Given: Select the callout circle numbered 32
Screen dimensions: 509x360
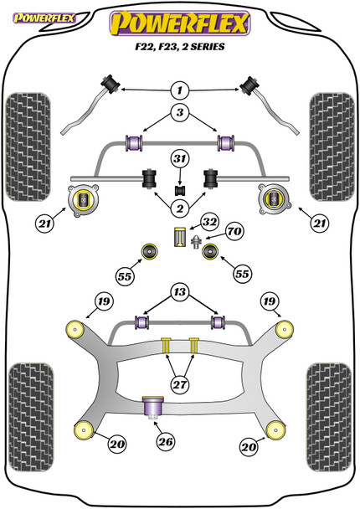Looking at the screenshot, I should click(x=209, y=223).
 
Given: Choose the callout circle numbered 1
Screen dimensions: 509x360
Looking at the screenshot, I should click(x=181, y=90).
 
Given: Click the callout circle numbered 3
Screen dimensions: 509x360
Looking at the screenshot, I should click(x=181, y=113).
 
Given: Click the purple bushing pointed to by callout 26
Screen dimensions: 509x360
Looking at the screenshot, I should click(x=152, y=407).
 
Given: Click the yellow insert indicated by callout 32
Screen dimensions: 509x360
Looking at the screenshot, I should click(x=178, y=237).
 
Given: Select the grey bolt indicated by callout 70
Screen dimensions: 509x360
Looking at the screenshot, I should click(x=196, y=243).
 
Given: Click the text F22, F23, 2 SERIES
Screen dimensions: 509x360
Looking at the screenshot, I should click(x=180, y=48).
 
